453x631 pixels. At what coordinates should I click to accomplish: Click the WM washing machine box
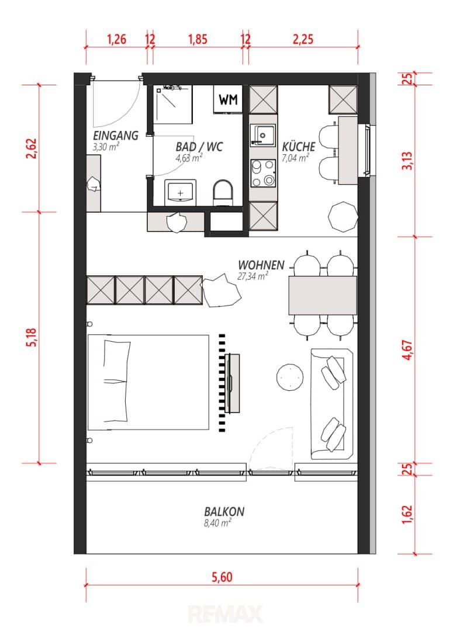[228, 99]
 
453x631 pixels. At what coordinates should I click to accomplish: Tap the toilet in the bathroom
[223, 192]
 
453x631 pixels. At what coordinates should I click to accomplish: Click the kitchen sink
[263, 135]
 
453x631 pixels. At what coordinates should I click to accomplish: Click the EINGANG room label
[116, 135]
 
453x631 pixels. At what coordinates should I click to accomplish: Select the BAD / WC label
[199, 147]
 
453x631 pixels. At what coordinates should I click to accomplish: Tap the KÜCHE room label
[298, 147]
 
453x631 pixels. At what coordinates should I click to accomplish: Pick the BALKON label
[224, 511]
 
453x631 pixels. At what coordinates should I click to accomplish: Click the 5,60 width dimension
[222, 577]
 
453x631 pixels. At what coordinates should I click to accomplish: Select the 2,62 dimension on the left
[32, 148]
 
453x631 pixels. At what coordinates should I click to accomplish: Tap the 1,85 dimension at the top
[198, 39]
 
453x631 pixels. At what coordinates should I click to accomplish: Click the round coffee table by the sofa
[290, 377]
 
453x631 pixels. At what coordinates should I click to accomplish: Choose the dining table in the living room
[323, 296]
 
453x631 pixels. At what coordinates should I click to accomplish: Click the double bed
[148, 382]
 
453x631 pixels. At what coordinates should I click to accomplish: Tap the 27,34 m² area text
[253, 276]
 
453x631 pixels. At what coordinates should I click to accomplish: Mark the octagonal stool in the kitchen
[343, 217]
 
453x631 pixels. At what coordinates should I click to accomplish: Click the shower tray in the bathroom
[174, 104]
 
